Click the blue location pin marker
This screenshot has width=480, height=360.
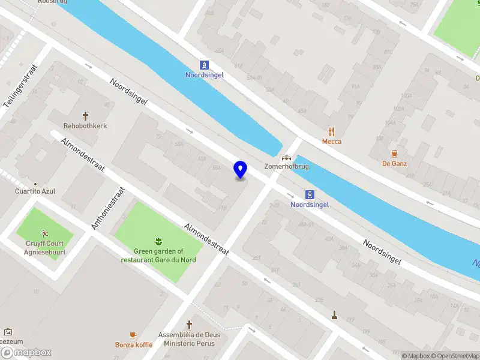[240, 170]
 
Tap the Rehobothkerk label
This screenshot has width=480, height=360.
[85, 126]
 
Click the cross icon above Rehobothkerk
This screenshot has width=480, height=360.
[85, 115]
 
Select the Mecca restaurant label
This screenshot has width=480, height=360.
[331, 142]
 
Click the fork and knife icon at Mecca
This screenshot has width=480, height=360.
[331, 131]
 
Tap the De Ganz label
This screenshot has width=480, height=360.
[394, 163]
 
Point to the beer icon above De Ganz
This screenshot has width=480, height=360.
[394, 153]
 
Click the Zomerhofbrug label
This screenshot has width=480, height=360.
[287, 166]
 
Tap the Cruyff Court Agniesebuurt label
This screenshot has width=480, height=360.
[45, 248]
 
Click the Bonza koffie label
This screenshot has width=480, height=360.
[133, 345]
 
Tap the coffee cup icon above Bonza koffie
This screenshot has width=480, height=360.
[133, 335]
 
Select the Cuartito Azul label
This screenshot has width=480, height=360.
[35, 191]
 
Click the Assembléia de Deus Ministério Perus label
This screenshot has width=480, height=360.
[189, 339]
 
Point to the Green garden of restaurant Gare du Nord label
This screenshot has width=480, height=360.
[158, 256]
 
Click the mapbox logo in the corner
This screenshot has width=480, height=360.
[26, 353]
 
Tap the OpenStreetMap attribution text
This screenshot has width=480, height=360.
[454, 356]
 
